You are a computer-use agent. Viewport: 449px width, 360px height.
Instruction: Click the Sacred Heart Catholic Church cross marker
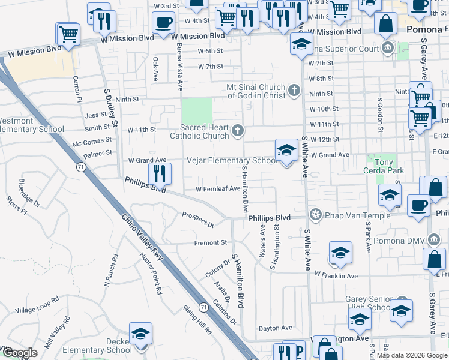point(238,131)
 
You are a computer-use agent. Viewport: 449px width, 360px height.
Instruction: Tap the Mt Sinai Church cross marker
point(294,91)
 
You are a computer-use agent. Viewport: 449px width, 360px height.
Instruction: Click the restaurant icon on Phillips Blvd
point(160,173)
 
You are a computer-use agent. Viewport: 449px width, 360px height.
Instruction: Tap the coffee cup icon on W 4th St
point(162,23)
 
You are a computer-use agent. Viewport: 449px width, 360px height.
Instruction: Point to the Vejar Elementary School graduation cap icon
point(287,150)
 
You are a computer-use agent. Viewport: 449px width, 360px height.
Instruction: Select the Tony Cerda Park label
point(384,166)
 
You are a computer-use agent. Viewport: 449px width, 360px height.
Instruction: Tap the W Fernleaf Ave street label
point(218,188)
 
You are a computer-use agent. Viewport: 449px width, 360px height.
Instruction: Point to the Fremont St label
point(210,243)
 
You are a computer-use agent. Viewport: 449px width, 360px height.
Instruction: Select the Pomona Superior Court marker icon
point(388,47)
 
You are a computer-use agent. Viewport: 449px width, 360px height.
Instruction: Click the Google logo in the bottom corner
point(20,353)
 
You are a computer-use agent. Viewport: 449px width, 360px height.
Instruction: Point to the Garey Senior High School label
point(369,303)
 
